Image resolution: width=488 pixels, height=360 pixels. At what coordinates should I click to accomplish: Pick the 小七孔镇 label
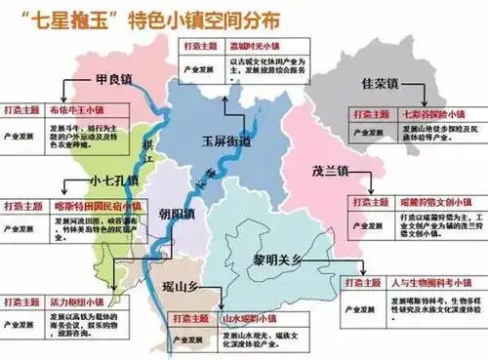(x=89, y=181)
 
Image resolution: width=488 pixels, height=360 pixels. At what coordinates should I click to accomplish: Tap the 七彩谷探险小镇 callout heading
(x=423, y=113)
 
